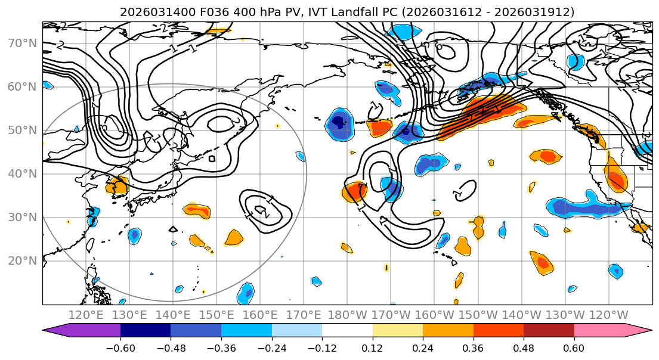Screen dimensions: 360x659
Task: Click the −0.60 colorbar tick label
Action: (120, 349)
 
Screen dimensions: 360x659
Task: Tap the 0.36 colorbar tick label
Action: (474, 349)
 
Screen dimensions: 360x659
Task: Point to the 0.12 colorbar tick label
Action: (373, 349)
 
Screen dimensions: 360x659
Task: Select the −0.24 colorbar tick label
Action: (272, 349)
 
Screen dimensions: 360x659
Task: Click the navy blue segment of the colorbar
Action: (146, 330)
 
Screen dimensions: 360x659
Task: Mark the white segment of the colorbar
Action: (347, 330)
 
